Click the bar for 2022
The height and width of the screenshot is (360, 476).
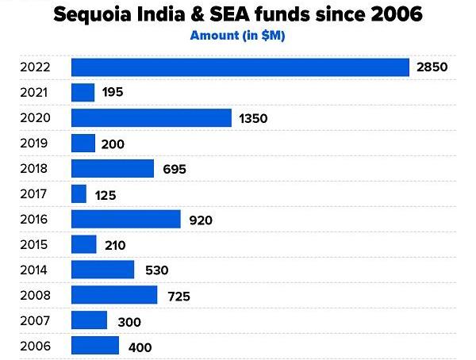coord(240,67)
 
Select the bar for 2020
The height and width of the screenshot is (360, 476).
coord(152,118)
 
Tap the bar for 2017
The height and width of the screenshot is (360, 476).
coord(79,193)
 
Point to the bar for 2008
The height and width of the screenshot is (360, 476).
coord(114,296)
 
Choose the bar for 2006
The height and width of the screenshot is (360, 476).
coord(95,347)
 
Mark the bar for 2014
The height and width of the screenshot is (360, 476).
coord(103,270)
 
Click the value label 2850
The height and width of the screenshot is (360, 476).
coord(432,67)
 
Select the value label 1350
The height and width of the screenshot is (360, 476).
coord(253,119)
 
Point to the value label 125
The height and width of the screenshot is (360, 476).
coord(106,195)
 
